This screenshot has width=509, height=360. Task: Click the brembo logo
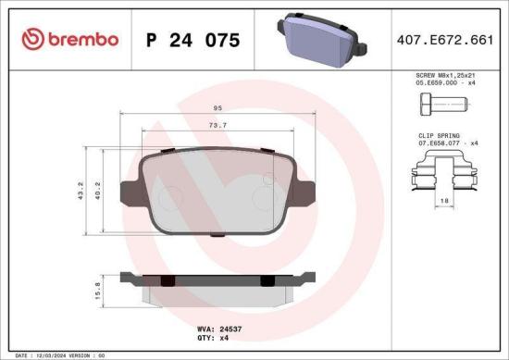69,39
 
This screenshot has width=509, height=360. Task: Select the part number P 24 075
193,40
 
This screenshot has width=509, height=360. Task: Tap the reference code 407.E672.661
444,40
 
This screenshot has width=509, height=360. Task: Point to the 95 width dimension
217,108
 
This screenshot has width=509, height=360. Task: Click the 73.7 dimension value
217,125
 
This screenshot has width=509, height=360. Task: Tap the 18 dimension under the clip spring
445,201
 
